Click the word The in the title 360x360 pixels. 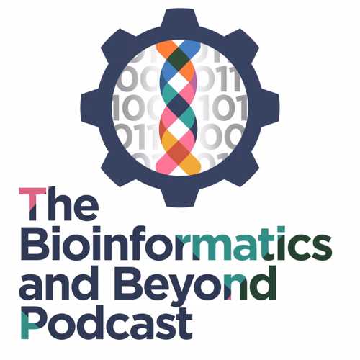(x=59, y=204)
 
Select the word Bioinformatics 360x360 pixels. (x=176, y=243)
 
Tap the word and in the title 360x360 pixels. (x=58, y=283)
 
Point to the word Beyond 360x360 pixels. (x=195, y=287)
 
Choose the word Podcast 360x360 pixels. (x=107, y=322)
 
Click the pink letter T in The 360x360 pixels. (x=32, y=204)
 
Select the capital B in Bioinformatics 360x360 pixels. (x=35, y=243)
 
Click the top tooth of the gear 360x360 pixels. (x=180, y=18)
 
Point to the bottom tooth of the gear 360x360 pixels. (x=180, y=198)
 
